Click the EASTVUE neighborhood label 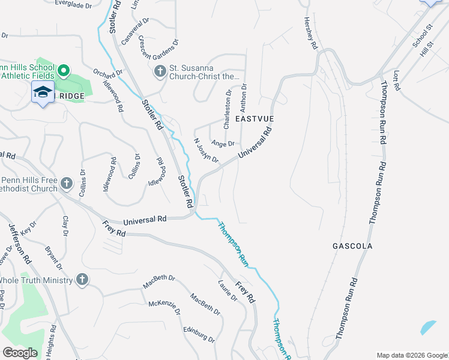tap(255, 119)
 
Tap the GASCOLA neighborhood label tap(352, 246)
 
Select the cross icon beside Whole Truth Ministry tap(82, 280)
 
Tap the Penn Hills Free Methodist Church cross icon tap(67, 183)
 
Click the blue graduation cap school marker tap(43, 93)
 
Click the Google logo tap(20, 353)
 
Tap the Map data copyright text tap(411, 355)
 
